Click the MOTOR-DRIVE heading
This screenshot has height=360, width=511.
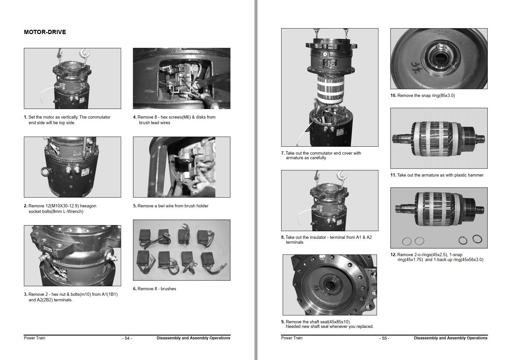point(45,32)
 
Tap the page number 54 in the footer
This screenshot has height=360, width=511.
point(127,338)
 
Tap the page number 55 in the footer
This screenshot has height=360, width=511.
point(384,338)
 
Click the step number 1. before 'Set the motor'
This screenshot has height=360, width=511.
point(26,117)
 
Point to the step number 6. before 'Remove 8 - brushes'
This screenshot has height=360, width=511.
point(135,289)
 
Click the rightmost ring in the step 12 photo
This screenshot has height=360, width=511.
point(477,239)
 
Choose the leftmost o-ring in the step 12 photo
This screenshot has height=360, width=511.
point(407,241)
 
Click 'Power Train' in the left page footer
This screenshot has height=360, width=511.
point(34,338)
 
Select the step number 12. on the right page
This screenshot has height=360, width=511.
point(393,255)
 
